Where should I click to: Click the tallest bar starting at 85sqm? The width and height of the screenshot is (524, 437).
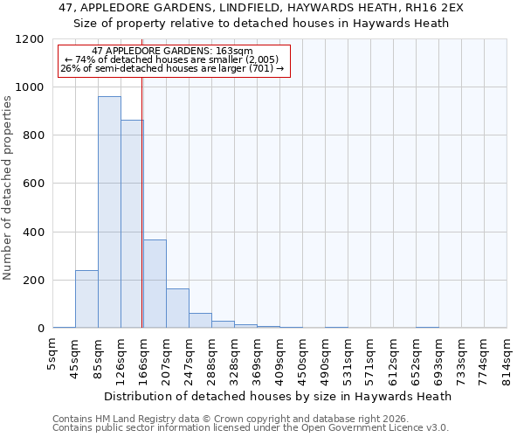pyautogui.click(x=109, y=212)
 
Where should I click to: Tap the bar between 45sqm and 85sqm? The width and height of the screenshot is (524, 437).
pyautogui.click(x=86, y=299)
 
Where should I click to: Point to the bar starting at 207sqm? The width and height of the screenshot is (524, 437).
pyautogui.click(x=177, y=309)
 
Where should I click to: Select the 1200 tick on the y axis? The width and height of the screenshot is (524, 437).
pyautogui.click(x=28, y=39)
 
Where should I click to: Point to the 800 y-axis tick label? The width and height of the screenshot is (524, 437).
pyautogui.click(x=31, y=135)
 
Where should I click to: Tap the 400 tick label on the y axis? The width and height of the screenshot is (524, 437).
pyautogui.click(x=31, y=232)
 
